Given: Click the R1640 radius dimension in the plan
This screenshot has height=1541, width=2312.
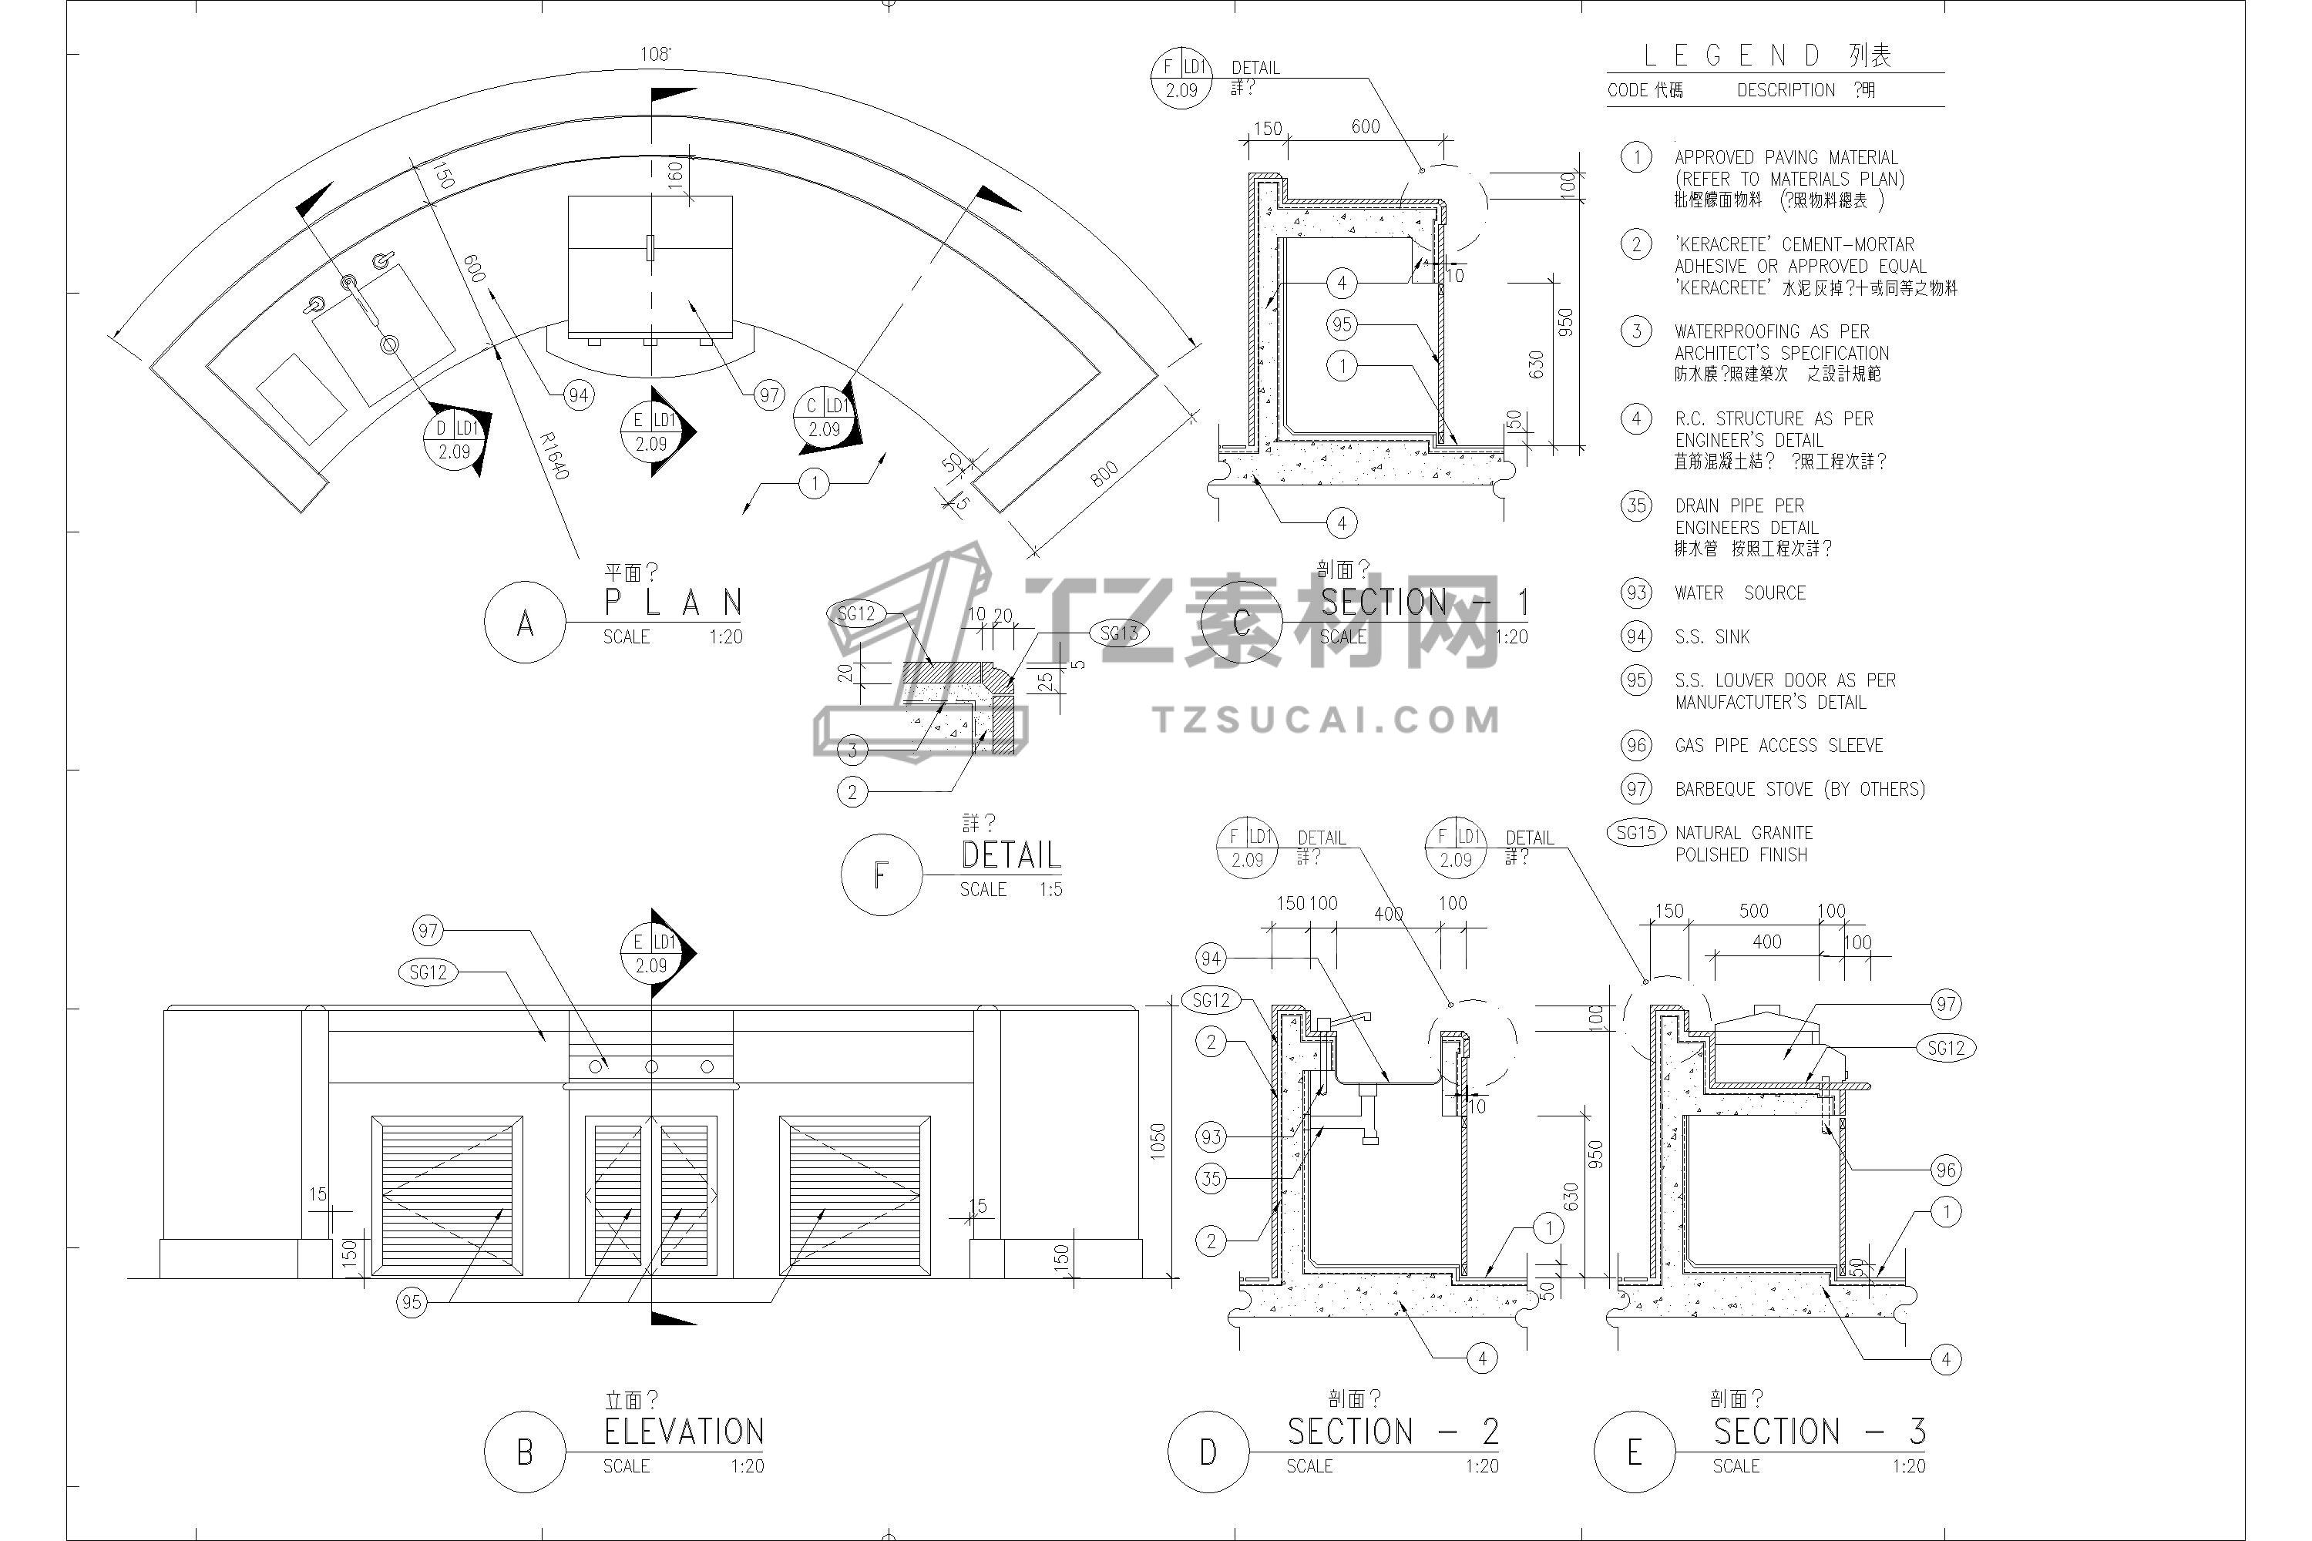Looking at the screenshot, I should (x=554, y=456).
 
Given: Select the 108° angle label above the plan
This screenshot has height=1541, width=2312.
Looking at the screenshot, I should (x=656, y=54).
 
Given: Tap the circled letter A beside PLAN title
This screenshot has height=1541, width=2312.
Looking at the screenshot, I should (x=525, y=623).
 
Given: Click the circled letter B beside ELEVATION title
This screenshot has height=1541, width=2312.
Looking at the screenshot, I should (x=525, y=1452).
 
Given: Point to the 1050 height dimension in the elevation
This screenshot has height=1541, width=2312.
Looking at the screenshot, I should (x=1158, y=1141).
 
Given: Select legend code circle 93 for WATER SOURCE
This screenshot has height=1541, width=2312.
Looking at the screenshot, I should (x=1637, y=593).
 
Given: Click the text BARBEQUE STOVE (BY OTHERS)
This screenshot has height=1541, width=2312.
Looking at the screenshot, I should (x=1800, y=789).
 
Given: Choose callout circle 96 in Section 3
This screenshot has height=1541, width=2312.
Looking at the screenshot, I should (x=1945, y=1170).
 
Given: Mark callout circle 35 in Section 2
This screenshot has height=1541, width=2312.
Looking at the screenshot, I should (x=1211, y=1178).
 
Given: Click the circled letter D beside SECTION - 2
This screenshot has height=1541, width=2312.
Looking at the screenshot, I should (x=1208, y=1452).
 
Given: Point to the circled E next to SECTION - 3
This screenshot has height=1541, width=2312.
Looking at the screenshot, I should (x=1635, y=1452).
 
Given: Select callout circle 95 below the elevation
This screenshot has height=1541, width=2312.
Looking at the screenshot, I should (x=412, y=1302).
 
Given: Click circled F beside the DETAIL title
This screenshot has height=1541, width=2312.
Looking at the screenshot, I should (x=882, y=875).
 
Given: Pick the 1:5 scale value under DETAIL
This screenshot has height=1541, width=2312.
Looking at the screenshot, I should (x=1051, y=889).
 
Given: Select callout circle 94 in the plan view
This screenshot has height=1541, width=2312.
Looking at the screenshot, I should (x=578, y=396).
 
